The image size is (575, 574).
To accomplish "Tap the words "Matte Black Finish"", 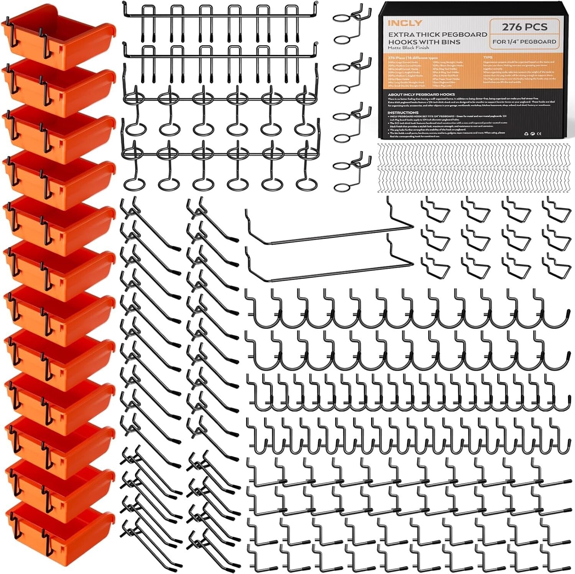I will (x=407, y=48).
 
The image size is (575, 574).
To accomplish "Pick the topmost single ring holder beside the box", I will (x=351, y=23).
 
